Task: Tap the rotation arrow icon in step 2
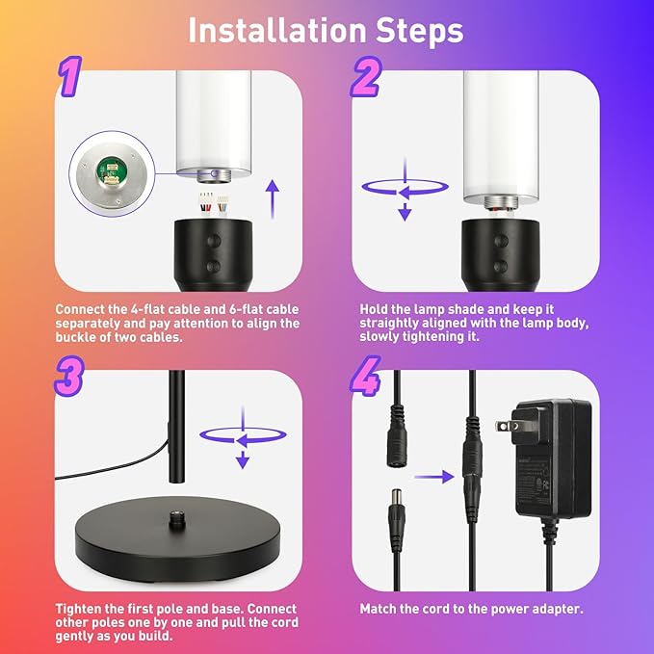pos(405,190)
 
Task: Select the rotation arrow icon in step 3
pos(243,437)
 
